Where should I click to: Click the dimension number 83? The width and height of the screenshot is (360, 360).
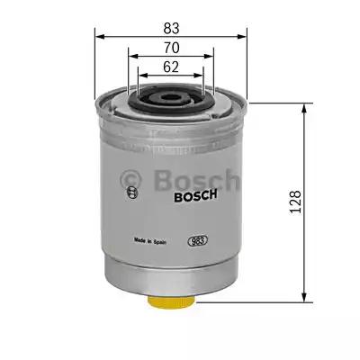coord(169,27)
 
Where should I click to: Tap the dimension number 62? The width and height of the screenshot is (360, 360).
coord(169,65)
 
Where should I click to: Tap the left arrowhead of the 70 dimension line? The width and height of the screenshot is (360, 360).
coord(131,55)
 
